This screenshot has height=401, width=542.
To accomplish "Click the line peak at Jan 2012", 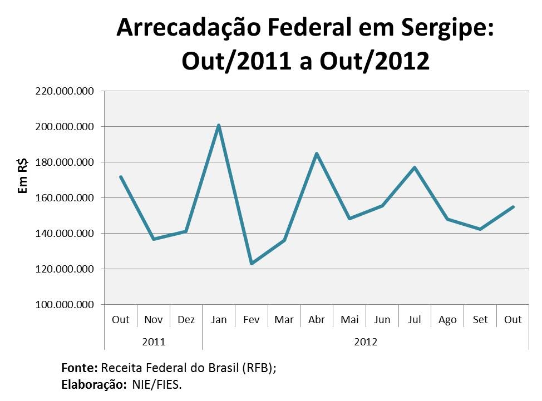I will coord(219,125).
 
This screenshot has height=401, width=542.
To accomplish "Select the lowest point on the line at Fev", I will coord(252,263).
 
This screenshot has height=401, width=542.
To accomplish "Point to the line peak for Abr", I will coord(317,154).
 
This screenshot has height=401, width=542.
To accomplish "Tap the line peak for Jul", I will coord(415,167).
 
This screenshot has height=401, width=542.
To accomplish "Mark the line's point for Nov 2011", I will coord(153,239).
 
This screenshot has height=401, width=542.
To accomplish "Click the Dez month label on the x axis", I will coord(186,320).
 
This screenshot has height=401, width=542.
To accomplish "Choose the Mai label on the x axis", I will coord(349,320).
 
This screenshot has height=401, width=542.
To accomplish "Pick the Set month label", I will coord(480,320).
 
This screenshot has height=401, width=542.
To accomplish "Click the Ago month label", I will coord(447,320).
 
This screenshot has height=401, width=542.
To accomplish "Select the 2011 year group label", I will coord(154,341).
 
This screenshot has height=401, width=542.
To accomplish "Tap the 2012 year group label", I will coord(366,341).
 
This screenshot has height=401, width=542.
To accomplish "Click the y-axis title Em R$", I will coord(23,175).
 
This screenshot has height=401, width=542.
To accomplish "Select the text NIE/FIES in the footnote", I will coord(156,384).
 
